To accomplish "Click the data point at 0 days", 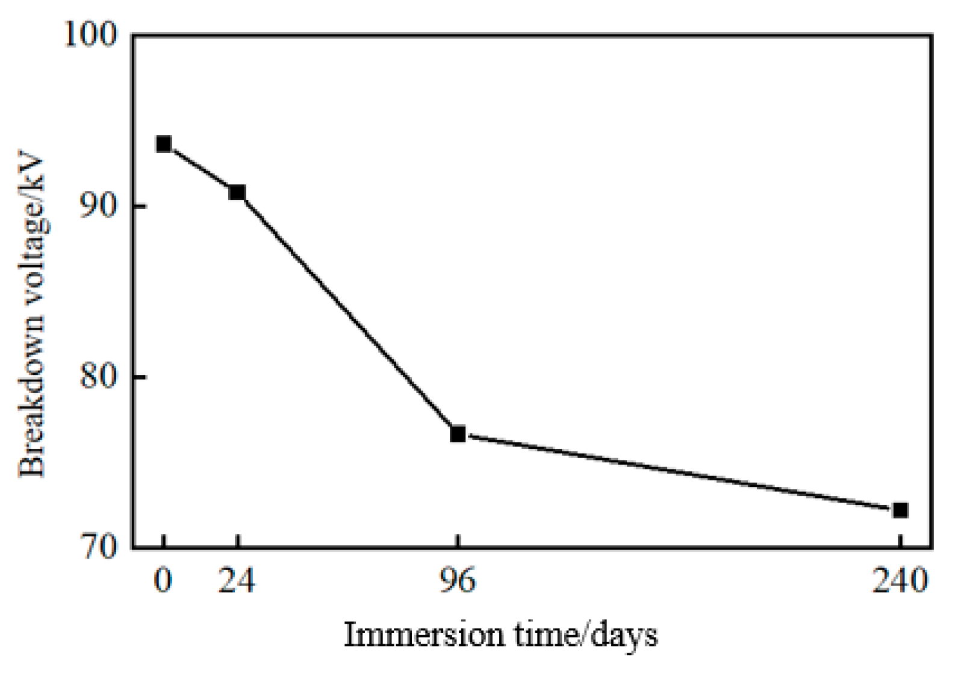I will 163,144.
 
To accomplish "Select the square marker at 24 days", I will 237,192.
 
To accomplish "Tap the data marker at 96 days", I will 458,433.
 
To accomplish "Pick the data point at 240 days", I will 900,510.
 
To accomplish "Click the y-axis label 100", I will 90,35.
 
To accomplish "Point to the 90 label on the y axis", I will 98,206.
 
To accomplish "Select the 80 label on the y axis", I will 98,377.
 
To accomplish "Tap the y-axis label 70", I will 98,547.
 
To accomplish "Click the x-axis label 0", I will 163,580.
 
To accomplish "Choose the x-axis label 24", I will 237,580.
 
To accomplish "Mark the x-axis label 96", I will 458,580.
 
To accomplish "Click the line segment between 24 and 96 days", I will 347,313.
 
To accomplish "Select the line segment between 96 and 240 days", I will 679,472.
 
